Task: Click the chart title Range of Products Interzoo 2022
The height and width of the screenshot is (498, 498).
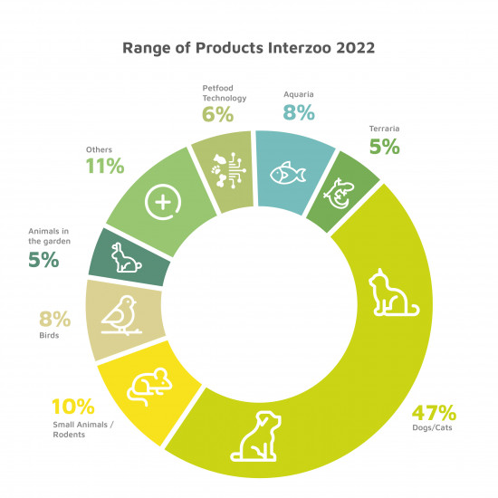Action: [249, 48]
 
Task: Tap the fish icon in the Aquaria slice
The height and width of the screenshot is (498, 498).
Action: [288, 173]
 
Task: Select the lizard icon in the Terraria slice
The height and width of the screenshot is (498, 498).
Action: [339, 194]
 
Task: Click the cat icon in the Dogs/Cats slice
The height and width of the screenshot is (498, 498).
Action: [394, 292]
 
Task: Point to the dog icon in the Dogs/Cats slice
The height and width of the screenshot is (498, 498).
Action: [255, 436]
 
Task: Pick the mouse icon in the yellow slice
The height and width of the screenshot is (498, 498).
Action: [149, 387]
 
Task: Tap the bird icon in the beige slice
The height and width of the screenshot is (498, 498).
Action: [121, 315]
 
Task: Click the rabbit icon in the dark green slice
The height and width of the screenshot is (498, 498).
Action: [126, 257]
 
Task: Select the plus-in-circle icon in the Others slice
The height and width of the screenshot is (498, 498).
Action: [163, 202]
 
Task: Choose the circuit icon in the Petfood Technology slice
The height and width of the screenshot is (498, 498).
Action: [228, 170]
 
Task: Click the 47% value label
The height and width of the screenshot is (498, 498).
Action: [434, 413]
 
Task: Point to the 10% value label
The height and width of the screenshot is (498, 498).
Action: [73, 407]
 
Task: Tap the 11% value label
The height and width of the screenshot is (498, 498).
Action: [105, 166]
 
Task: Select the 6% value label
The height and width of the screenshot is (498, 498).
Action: [218, 114]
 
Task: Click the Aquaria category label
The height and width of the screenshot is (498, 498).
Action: [299, 95]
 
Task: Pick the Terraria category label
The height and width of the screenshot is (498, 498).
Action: [384, 129]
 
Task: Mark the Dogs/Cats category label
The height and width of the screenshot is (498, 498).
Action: [432, 427]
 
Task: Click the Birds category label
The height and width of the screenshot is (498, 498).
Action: [49, 335]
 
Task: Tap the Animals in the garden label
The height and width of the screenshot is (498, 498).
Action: [49, 236]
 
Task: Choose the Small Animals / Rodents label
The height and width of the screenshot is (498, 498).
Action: [83, 429]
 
